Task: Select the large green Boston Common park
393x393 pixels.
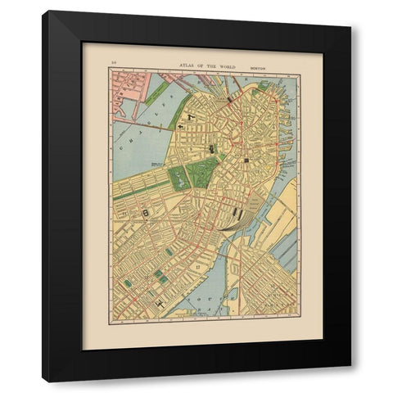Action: click(201, 172)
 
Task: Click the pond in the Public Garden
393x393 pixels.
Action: click(178, 176)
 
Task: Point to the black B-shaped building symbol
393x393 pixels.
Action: click(146, 213)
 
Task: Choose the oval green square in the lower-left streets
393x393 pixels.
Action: click(128, 283)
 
